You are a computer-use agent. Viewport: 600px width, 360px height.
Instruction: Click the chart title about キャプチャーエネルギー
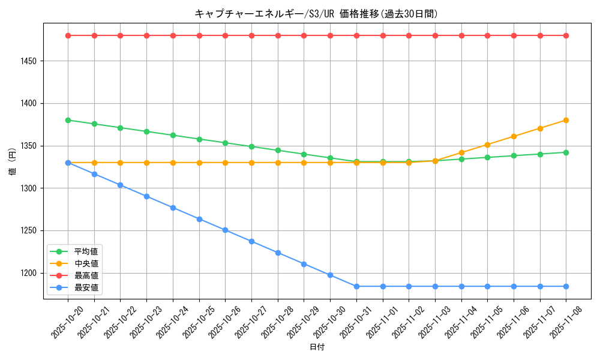tap(316, 13)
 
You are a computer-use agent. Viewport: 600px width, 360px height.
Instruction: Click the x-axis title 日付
tap(316, 347)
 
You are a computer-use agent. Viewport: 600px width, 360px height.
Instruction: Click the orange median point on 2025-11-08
tap(566, 120)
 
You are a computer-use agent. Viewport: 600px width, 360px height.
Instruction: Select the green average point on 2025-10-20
tap(68, 120)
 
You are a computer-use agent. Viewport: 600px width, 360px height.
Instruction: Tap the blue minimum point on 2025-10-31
tap(356, 286)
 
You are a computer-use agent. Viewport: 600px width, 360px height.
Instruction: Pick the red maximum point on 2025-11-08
tap(566, 35)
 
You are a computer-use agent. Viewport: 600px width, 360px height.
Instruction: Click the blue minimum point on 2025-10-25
tap(199, 219)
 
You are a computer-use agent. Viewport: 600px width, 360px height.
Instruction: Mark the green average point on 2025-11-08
tap(566, 152)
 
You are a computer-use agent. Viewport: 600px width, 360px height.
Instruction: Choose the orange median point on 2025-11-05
tap(487, 145)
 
